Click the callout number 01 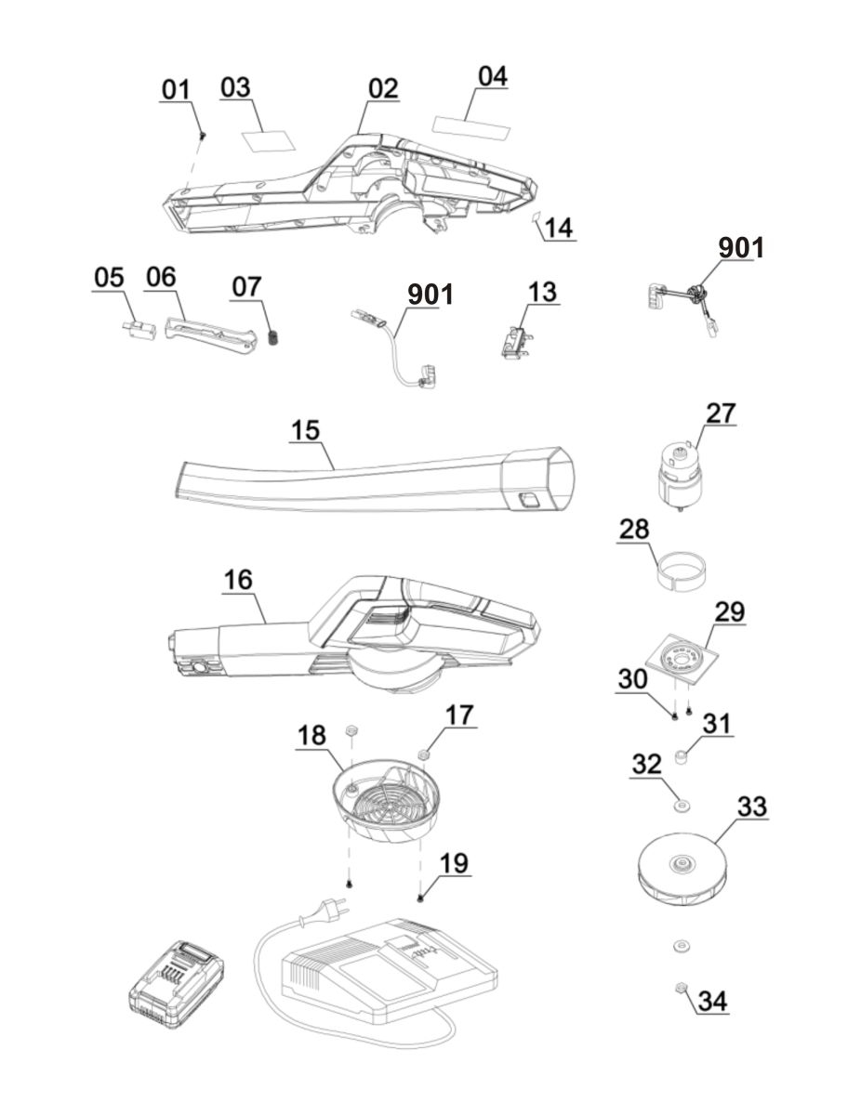point(176,89)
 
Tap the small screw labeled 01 point(204,135)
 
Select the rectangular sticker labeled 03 point(269,140)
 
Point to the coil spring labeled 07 point(274,338)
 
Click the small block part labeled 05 point(139,330)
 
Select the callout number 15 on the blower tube point(305,430)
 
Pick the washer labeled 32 point(682,806)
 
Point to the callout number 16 point(238,580)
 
